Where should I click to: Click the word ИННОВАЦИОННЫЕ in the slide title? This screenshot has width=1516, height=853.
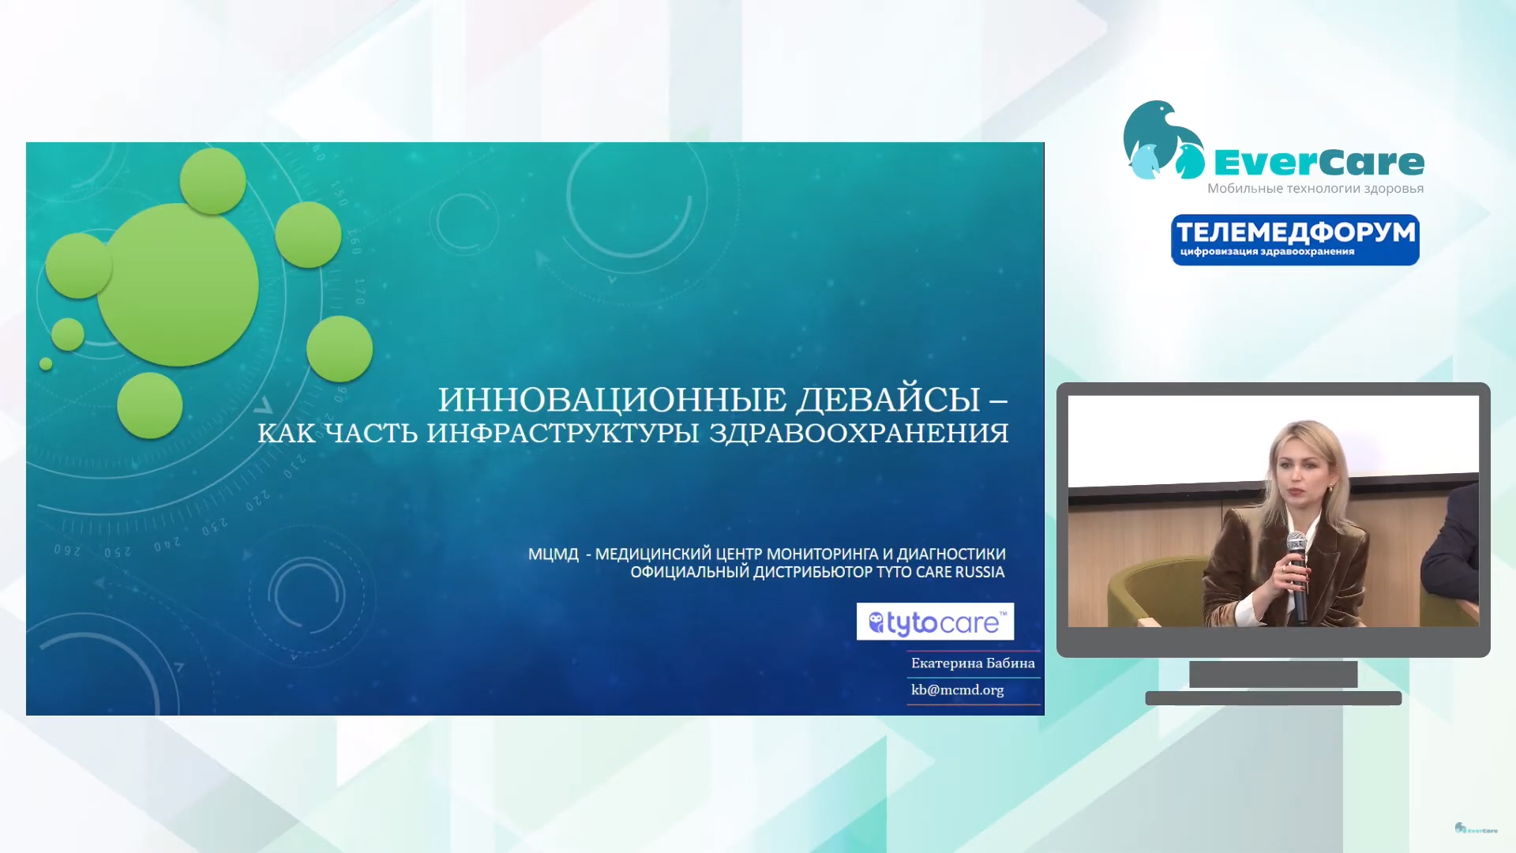(x=613, y=400)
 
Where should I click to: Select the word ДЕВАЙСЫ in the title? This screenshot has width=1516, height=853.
(x=888, y=400)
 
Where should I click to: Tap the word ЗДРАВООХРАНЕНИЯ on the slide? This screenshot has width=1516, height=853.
(x=859, y=433)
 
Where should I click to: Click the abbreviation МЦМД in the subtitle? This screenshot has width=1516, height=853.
(x=553, y=554)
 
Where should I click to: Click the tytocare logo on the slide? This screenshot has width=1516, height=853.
(x=935, y=622)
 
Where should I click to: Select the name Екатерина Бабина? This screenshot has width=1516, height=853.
(x=973, y=663)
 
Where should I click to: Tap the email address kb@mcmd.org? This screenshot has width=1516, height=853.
(x=958, y=690)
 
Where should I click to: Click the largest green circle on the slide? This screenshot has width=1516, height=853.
(x=178, y=284)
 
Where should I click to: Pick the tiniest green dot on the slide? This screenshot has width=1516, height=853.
(x=46, y=364)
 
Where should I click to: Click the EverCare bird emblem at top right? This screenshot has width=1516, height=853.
(x=1164, y=141)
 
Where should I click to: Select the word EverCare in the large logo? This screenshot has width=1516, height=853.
(x=1319, y=163)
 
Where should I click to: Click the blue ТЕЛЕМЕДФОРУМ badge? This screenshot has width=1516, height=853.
(x=1295, y=240)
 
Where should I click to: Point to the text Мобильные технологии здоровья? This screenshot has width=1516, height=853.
(x=1315, y=189)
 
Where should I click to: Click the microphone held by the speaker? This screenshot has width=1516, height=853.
(x=1297, y=573)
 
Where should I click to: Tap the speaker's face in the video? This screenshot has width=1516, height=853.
(x=1306, y=477)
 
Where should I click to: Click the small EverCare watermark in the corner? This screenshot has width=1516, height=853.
(x=1476, y=829)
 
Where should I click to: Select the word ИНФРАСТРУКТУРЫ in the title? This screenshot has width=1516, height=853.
(x=563, y=434)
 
